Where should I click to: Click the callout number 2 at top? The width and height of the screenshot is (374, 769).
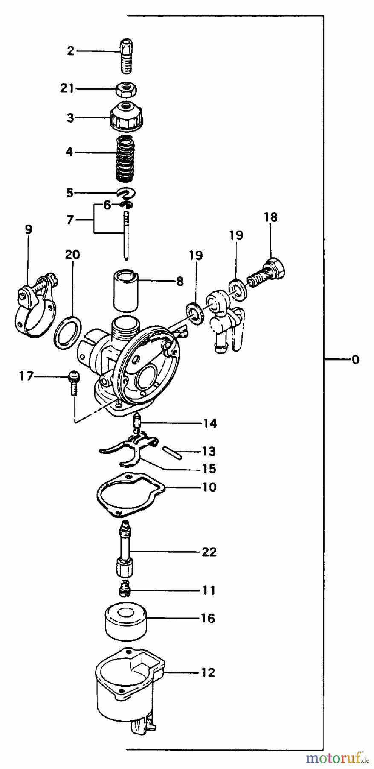pos(70,51)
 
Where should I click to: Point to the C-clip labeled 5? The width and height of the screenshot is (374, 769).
pos(127,193)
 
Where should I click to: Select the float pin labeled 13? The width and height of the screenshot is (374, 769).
pos(172,454)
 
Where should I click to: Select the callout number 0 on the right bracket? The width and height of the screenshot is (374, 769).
pos(355,360)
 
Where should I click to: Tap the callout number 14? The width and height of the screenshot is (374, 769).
pos(209,423)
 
